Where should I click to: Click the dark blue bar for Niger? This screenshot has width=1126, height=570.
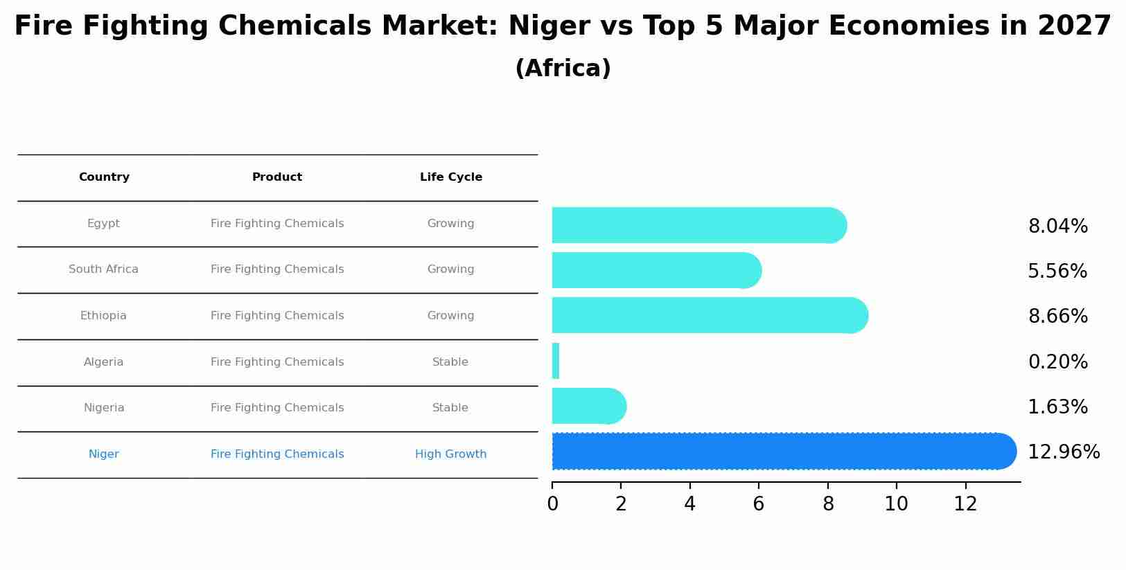pos(783,451)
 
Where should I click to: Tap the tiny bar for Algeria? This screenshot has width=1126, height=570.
pos(556,361)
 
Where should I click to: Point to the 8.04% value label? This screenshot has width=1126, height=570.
pos(1057,226)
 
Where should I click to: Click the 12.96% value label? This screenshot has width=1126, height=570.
pos(1063,452)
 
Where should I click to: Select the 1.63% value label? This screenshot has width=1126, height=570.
pos(1057,407)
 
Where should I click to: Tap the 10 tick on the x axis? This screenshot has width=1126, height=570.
pos(896,504)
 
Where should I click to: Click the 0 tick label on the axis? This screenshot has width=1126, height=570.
pos(552,504)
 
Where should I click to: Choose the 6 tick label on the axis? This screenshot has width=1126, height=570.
pos(758,504)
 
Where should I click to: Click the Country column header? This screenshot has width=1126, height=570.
pos(104,177)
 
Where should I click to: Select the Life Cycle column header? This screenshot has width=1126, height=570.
pos(450,177)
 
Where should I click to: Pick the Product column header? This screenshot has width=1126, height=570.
pos(276,177)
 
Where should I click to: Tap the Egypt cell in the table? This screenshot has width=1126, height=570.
pos(103,224)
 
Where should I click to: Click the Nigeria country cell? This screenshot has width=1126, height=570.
pos(104,408)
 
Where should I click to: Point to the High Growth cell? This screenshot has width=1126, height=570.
pos(450,454)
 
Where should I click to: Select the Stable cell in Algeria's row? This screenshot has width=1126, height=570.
pos(450,362)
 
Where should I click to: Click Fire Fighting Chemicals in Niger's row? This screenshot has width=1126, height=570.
pos(276,454)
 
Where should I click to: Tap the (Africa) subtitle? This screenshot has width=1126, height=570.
pos(563,69)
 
